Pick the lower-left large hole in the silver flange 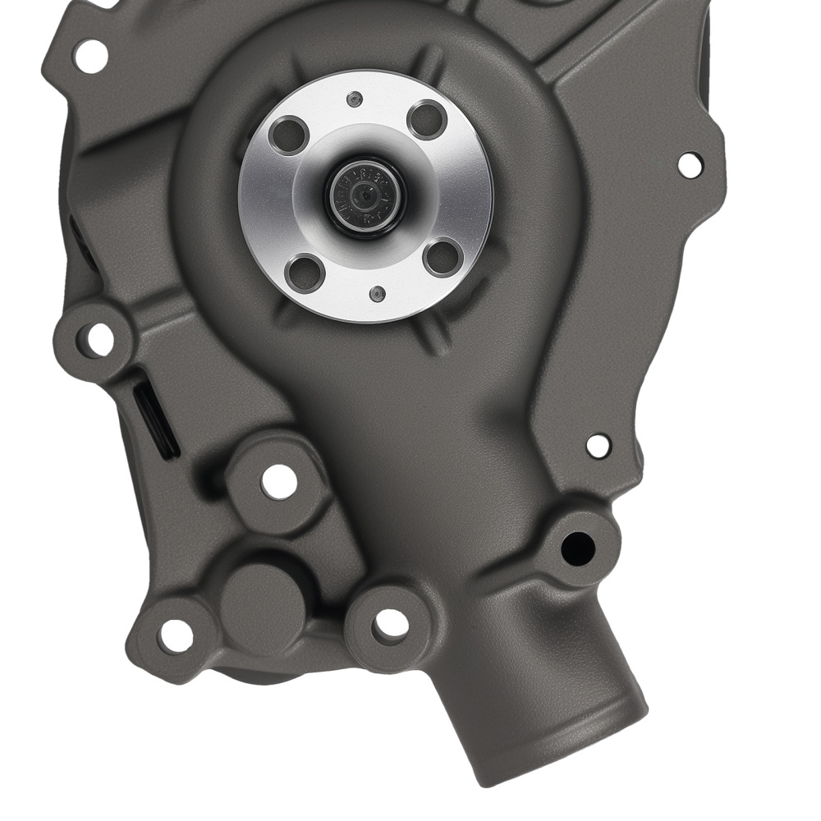pos(306,272)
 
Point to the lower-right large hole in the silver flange pos(441,258)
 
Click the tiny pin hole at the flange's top pos(354,100)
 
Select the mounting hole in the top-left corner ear pos(90,53)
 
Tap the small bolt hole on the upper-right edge pos(690,163)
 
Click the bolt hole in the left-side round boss pos(99,339)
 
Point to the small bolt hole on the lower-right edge pos(599,445)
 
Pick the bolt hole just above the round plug pos(278,481)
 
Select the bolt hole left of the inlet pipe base pos(391,625)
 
